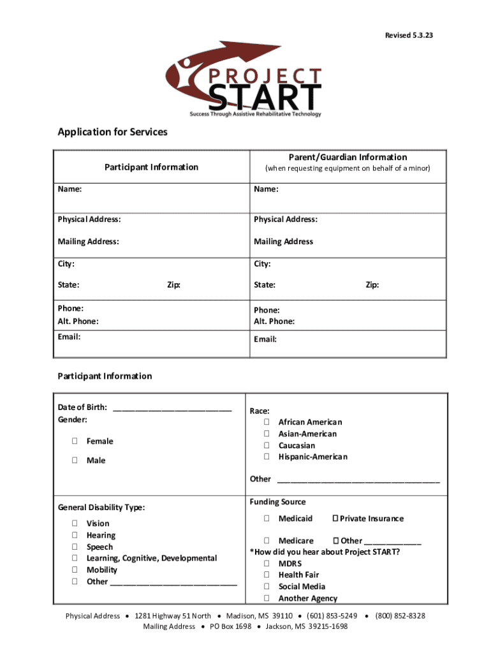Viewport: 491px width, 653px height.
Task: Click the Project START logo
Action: (245, 80)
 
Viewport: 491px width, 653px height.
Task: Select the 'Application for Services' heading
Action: (113, 132)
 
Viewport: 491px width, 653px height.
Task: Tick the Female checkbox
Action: (75, 441)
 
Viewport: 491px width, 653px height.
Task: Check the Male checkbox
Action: (75, 460)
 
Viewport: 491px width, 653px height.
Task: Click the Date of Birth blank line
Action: (172, 409)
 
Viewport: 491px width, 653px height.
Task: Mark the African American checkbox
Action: (267, 422)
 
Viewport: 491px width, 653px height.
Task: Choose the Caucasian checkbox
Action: (267, 445)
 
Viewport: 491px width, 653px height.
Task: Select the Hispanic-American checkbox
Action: (267, 457)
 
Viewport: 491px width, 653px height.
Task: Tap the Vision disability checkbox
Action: (75, 524)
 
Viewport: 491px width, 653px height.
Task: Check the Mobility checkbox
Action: (75, 570)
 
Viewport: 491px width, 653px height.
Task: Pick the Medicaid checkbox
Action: (267, 518)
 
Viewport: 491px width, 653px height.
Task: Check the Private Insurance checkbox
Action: (336, 518)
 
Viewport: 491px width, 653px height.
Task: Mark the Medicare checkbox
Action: (267, 541)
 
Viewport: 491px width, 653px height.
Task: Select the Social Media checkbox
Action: (267, 587)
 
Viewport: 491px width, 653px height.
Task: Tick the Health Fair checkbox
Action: (267, 575)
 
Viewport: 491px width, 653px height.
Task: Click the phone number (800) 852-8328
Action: (400, 616)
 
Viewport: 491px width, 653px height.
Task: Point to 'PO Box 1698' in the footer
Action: (230, 627)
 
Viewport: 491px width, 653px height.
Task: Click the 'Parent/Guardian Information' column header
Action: (348, 157)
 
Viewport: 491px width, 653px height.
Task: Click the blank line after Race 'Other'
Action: (358, 480)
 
